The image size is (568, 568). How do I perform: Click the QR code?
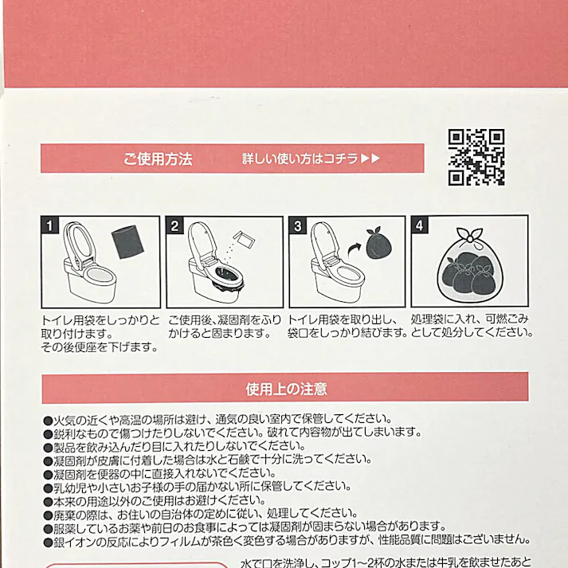pyautogui.click(x=476, y=157)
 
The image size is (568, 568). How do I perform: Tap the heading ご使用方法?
pyautogui.click(x=158, y=159)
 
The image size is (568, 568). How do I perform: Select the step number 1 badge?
pyautogui.click(x=49, y=225)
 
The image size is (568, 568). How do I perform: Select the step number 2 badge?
pyautogui.click(x=174, y=225)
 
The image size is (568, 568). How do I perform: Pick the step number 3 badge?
pyautogui.click(x=297, y=225)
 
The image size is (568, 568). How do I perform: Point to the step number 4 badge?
pyautogui.click(x=420, y=225)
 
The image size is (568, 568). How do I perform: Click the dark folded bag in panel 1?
pyautogui.click(x=125, y=241)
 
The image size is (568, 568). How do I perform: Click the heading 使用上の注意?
pyautogui.click(x=285, y=389)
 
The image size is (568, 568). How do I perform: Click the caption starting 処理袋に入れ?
pyautogui.click(x=470, y=325)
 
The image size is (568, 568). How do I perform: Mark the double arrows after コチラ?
pyautogui.click(x=370, y=159)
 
